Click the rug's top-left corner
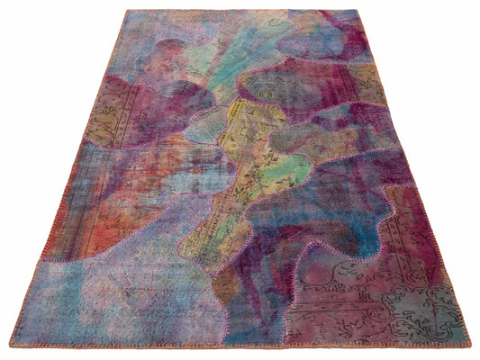pyautogui.click(x=127, y=11)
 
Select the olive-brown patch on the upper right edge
pyautogui.click(x=365, y=85)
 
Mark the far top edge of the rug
pyautogui.click(x=243, y=10)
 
